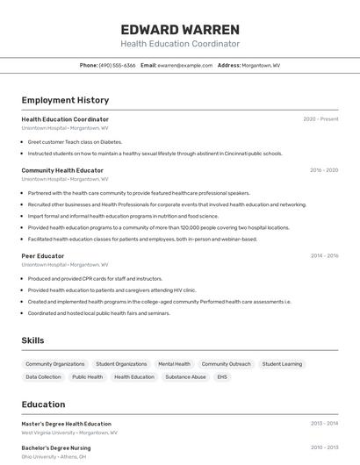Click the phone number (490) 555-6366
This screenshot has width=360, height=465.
point(118,65)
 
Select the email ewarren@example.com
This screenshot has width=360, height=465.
point(185,65)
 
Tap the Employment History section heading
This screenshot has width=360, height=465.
point(65,100)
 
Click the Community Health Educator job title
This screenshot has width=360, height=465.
point(62,170)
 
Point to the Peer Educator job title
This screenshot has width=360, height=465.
point(43,256)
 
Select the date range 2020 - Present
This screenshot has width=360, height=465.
point(320,119)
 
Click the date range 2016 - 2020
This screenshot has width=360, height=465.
point(324,170)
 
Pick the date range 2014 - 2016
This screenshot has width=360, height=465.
point(324,256)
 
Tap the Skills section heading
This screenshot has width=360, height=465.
point(32,340)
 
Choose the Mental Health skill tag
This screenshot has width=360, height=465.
point(174,364)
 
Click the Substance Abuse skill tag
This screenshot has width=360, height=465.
point(185,377)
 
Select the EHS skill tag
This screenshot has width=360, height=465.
point(222,377)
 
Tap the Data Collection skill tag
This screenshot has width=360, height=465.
point(43,377)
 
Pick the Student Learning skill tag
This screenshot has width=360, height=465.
point(282,364)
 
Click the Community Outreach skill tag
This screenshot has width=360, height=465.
point(226,364)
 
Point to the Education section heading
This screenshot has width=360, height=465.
point(43,404)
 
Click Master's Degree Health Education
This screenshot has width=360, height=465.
point(67,424)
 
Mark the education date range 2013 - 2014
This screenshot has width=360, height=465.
point(324,424)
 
